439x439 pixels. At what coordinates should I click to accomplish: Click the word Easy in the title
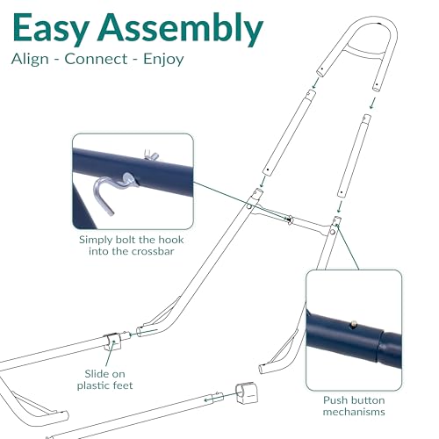pyautogui.click(x=50, y=28)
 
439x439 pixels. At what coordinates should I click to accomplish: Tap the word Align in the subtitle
pyautogui.click(x=30, y=59)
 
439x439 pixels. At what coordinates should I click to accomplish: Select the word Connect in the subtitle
pyautogui.click(x=96, y=59)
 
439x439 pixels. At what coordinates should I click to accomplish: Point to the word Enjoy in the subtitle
pyautogui.click(x=163, y=60)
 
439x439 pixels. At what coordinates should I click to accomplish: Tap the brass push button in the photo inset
pyautogui.click(x=354, y=323)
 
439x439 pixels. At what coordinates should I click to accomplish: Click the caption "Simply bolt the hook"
pyautogui.click(x=132, y=240)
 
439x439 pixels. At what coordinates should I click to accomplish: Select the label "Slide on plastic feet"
pyautogui.click(x=104, y=379)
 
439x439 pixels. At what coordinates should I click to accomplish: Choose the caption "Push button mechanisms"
pyautogui.click(x=354, y=406)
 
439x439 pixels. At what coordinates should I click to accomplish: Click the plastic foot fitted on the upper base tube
pyautogui.click(x=112, y=342)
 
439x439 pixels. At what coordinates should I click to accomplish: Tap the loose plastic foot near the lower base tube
pyautogui.click(x=247, y=392)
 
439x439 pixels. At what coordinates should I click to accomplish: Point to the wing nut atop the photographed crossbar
pyautogui.click(x=151, y=155)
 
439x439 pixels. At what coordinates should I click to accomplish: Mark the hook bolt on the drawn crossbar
pyautogui.click(x=290, y=219)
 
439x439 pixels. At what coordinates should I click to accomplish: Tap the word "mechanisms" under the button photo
pyautogui.click(x=354, y=412)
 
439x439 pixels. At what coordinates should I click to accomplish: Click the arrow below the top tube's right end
pyautogui.click(x=372, y=104)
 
